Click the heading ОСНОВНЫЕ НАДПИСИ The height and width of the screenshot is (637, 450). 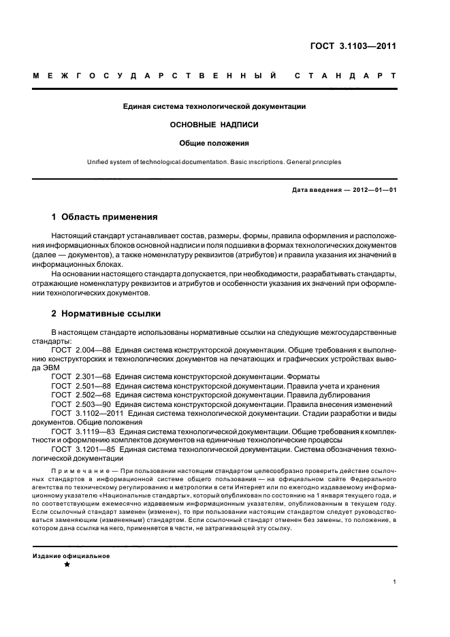[214, 125]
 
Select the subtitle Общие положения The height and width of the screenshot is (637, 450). [214, 144]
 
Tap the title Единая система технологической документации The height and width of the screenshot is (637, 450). [214, 106]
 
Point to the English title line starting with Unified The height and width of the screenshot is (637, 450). [214, 162]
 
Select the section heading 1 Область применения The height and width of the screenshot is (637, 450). [105, 217]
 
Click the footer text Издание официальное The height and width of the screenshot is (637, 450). [71, 555]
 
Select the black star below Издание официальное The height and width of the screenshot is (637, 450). [67, 565]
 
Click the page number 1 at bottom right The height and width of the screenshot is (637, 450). [395, 582]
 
